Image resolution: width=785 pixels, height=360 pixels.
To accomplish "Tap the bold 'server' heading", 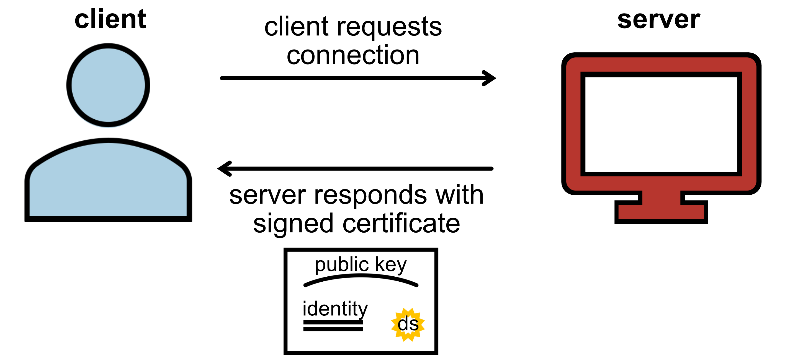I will tap(658, 20).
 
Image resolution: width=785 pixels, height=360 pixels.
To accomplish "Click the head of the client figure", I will tap(108, 85).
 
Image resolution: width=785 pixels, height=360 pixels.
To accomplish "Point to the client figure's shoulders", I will tap(108, 180).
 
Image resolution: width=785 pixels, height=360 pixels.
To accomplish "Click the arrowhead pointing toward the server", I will tap(489, 78).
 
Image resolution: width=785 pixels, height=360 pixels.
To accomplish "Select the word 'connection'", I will tap(353, 55).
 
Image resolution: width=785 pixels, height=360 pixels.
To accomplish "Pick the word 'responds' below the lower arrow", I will tap(370, 195).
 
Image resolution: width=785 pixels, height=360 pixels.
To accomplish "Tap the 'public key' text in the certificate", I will tap(361, 264).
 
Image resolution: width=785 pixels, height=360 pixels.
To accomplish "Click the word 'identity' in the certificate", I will tap(335, 309).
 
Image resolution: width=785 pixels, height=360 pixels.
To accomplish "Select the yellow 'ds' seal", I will tap(408, 324).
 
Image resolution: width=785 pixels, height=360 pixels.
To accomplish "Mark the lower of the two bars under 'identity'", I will tap(333, 329).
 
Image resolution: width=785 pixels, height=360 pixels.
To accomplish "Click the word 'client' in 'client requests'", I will tap(296, 27).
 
